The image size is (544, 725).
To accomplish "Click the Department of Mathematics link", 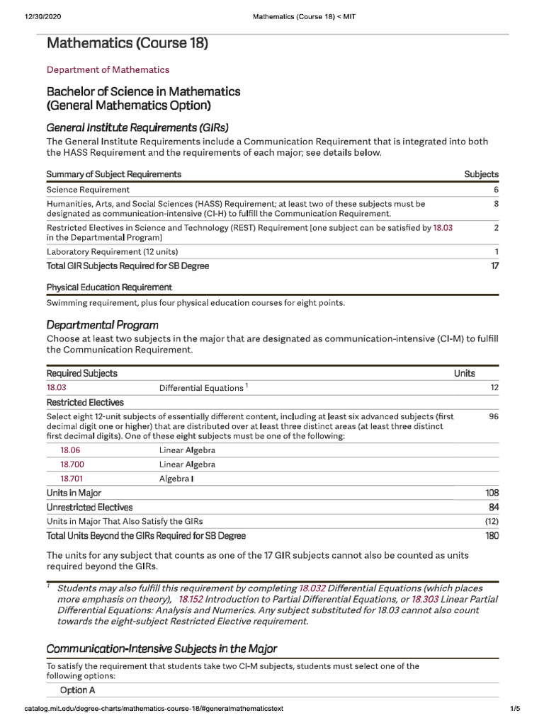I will (x=108, y=69).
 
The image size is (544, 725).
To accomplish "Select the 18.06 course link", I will (x=69, y=450).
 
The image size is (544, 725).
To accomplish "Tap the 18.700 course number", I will (x=72, y=464).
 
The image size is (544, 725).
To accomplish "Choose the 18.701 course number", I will (x=72, y=479).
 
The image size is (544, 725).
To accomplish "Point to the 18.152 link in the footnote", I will (x=193, y=599).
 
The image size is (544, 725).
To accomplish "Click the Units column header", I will (x=464, y=373).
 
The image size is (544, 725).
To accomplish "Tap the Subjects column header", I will (x=481, y=174).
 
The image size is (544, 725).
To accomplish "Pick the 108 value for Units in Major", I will (x=492, y=493).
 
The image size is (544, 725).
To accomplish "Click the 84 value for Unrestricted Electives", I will (x=494, y=507).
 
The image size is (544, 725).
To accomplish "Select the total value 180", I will (x=492, y=536).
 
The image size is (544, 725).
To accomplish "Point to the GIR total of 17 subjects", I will (x=494, y=266).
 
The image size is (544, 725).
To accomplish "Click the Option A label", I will (x=78, y=690).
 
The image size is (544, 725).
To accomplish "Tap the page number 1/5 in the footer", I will (x=514, y=708).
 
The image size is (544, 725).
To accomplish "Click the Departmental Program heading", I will (x=102, y=324).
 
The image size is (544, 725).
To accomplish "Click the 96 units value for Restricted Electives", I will (x=494, y=416).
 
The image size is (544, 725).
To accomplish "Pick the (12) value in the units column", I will (x=491, y=521).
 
